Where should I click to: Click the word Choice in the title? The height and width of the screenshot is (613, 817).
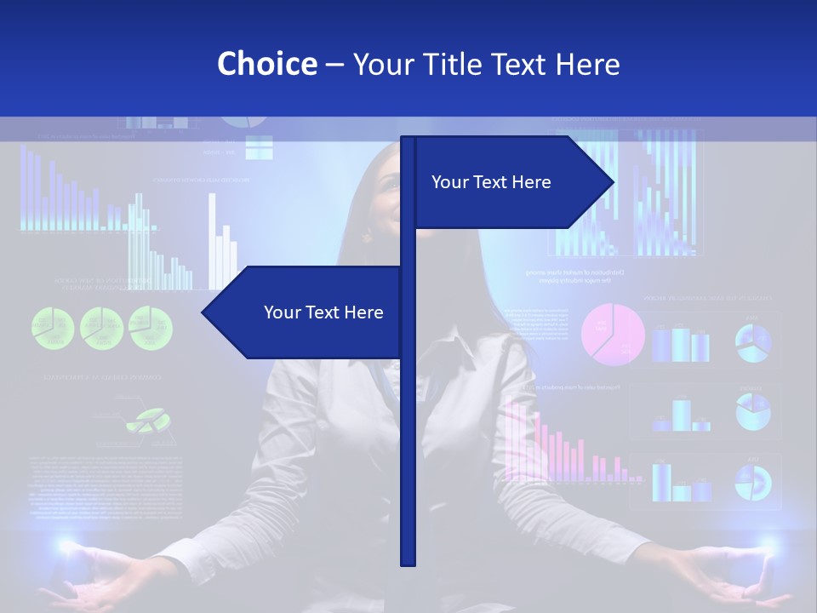pos(266,64)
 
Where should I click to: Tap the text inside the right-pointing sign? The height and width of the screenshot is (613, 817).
pos(491,182)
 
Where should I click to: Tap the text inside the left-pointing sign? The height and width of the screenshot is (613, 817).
pos(323,312)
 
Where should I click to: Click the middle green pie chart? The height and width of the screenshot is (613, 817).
pos(102,328)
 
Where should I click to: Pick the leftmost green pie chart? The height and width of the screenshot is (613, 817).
pos(54,328)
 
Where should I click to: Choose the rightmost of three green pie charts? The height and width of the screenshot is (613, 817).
pos(151,328)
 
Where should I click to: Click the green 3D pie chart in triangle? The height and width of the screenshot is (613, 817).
pos(145,420)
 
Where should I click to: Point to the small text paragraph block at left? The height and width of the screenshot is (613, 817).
pos(102,485)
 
